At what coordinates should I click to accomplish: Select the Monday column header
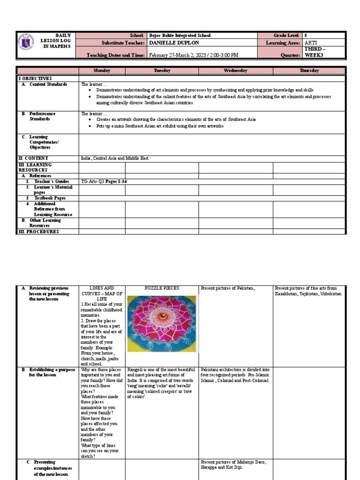[x=102, y=71]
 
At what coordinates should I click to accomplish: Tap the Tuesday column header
[x=162, y=71]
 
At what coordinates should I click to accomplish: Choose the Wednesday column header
[x=235, y=71]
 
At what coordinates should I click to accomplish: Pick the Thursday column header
[x=309, y=71]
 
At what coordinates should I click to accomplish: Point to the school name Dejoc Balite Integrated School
[x=180, y=36]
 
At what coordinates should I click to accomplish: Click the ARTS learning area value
[x=311, y=43]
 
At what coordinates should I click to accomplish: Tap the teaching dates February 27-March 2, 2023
[x=193, y=55]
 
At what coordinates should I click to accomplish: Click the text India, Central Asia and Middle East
[x=115, y=158]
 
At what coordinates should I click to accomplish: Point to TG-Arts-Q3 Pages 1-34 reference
[x=104, y=181]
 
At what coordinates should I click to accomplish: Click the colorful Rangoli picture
[x=162, y=323]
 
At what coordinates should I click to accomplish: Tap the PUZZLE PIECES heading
[x=162, y=288]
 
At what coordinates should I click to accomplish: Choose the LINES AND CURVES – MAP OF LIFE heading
[x=102, y=293]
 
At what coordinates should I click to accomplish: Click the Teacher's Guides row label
[x=51, y=181]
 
